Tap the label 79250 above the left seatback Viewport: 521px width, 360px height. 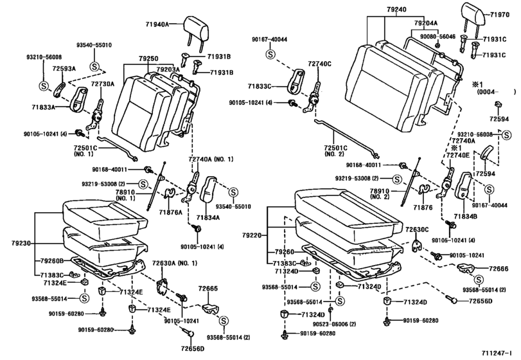(x=147, y=59)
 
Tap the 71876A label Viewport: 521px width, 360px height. (x=172, y=211)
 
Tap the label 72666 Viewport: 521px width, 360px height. (x=498, y=268)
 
